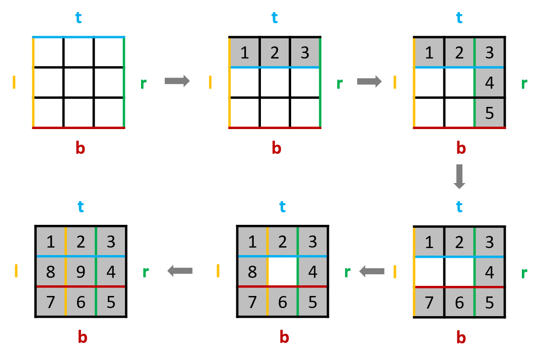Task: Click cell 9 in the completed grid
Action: tap(81, 272)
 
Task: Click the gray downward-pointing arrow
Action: tap(459, 176)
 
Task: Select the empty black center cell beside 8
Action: tap(282, 272)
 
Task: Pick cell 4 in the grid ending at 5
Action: tap(489, 82)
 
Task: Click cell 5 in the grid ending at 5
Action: tap(489, 112)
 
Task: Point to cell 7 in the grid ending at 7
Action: tap(429, 303)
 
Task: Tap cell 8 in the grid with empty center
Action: tap(252, 272)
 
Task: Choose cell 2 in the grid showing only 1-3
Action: tap(275, 52)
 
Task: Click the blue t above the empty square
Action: tap(78, 18)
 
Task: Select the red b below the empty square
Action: tap(80, 148)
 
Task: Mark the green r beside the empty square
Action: tap(143, 84)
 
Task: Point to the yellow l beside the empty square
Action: tap(14, 82)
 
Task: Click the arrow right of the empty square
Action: tap(177, 81)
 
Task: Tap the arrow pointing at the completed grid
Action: tap(180, 271)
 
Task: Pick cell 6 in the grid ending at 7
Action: tap(459, 303)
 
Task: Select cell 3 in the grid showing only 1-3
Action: tap(305, 52)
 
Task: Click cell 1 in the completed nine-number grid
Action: tap(50, 242)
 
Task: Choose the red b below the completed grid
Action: tap(83, 337)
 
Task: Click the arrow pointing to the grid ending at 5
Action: tap(369, 81)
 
